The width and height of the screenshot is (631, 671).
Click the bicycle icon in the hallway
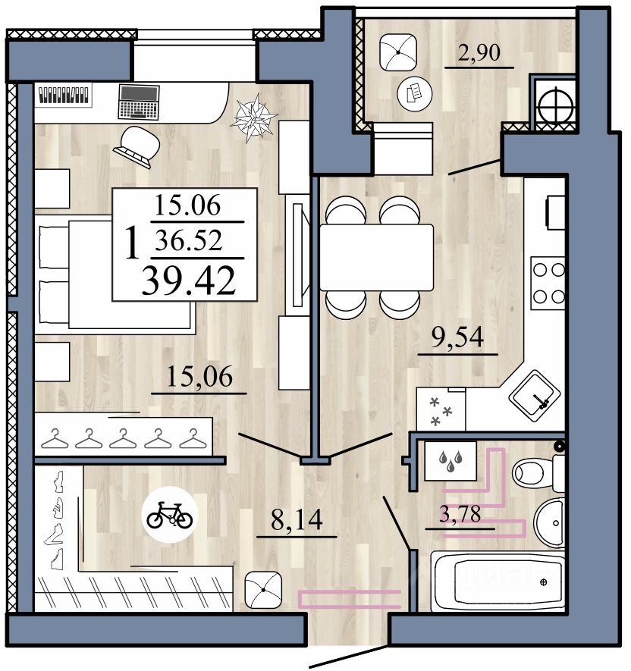click(x=170, y=515)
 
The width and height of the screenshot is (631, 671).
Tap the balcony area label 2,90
click(x=479, y=52)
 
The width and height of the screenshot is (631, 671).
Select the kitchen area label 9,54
click(x=457, y=337)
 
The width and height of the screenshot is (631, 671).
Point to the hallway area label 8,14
click(x=297, y=520)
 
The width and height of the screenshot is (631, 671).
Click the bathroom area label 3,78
click(x=460, y=514)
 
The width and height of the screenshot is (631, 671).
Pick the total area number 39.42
click(x=188, y=281)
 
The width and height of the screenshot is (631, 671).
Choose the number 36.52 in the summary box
click(x=189, y=240)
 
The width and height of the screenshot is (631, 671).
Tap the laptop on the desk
click(x=139, y=102)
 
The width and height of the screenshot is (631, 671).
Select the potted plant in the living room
click(x=254, y=118)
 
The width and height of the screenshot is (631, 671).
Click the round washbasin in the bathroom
click(x=549, y=522)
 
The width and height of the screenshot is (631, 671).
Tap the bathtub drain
click(x=544, y=582)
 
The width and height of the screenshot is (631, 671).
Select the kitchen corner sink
click(x=534, y=396)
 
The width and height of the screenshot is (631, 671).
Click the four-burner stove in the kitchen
click(x=548, y=283)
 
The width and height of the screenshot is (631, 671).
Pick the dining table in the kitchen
click(x=377, y=257)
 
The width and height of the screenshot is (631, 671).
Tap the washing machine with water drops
click(x=450, y=461)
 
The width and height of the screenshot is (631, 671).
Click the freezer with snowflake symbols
click(x=441, y=409)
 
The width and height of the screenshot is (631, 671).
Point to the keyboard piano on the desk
click(x=64, y=95)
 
